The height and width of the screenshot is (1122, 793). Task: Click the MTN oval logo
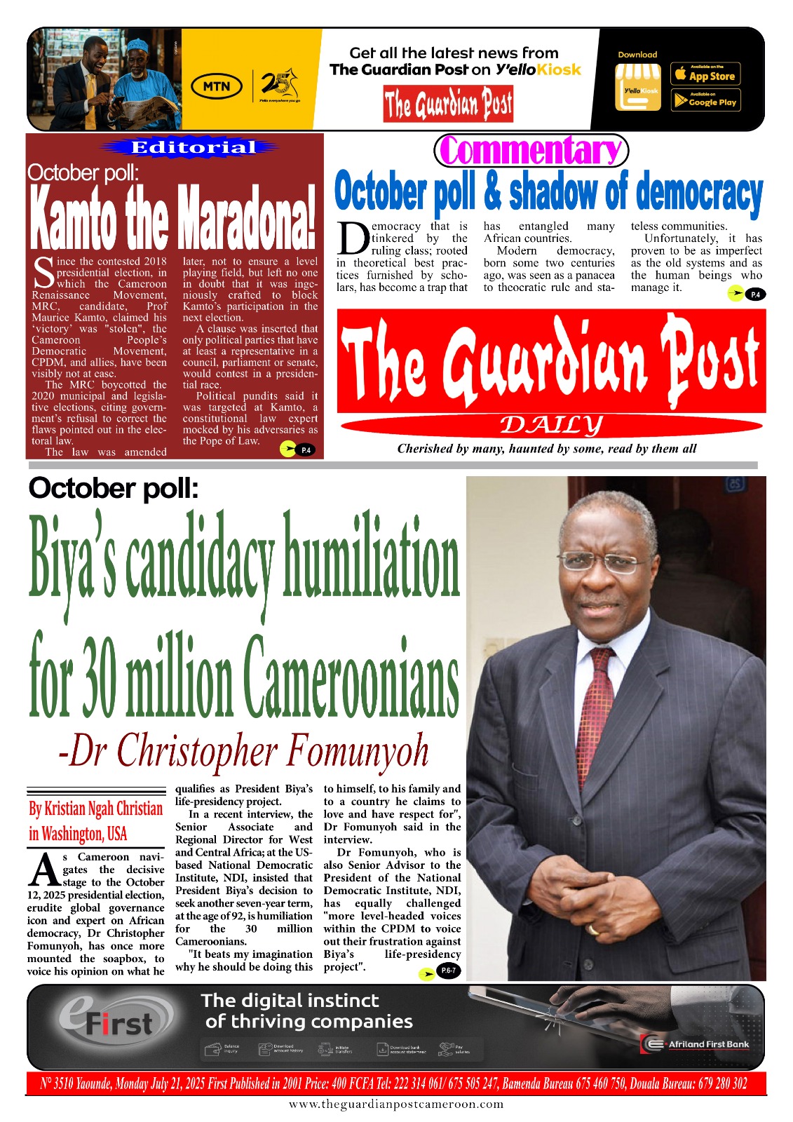click(x=217, y=86)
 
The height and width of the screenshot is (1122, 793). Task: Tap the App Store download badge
click(x=705, y=74)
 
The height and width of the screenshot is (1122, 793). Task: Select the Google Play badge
click(x=705, y=100)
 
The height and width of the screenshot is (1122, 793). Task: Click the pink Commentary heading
click(x=531, y=150)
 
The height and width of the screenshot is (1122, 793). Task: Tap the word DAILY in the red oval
click(x=551, y=425)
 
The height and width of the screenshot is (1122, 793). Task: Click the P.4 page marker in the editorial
click(x=305, y=450)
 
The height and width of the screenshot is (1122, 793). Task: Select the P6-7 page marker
click(x=447, y=971)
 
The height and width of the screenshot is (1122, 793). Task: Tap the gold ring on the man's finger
click(x=594, y=930)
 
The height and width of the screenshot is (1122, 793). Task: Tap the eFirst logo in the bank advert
click(x=116, y=1020)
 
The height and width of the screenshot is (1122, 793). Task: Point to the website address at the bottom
click(x=396, y=1104)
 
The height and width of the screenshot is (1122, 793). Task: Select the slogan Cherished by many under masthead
click(x=547, y=449)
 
